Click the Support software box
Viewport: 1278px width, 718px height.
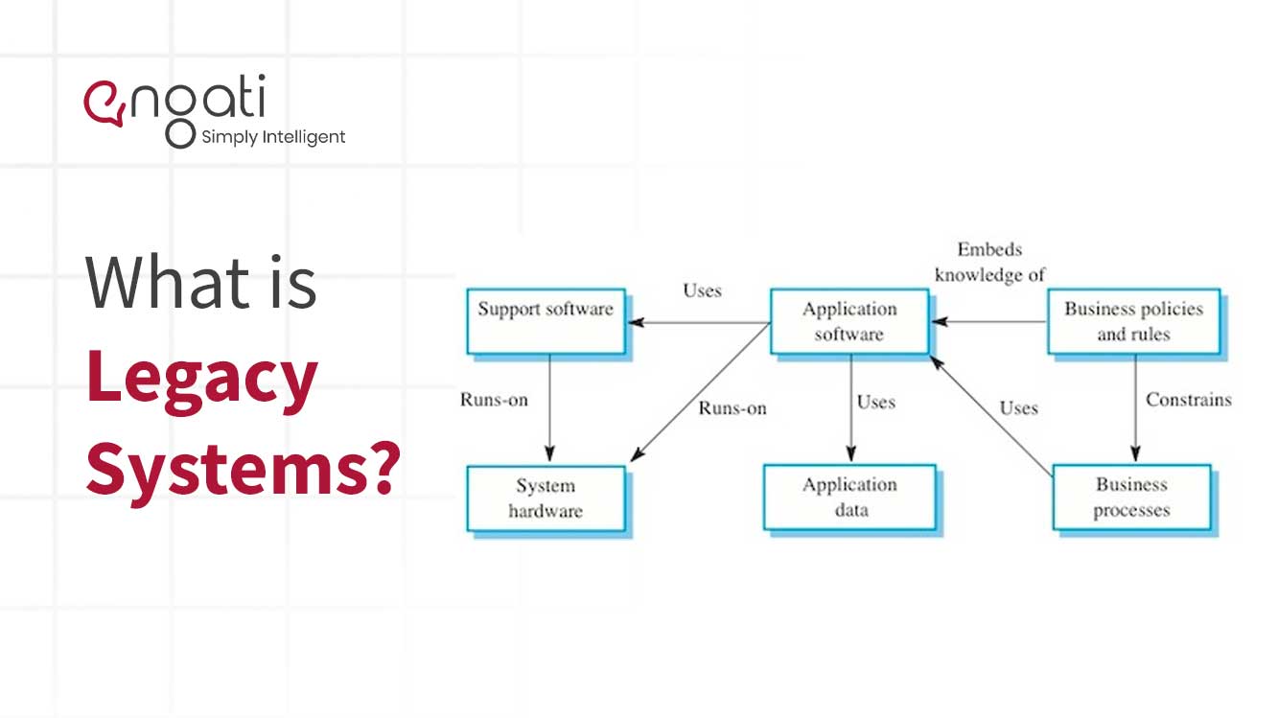pos(546,322)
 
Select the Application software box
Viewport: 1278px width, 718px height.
pos(848,322)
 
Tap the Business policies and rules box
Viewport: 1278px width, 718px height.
pos(1132,322)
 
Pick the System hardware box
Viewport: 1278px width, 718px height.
pos(546,498)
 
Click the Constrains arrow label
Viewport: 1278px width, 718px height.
pos(1189,400)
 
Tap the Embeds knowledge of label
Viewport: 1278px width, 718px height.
pos(989,262)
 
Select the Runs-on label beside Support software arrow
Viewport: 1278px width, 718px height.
pos(494,400)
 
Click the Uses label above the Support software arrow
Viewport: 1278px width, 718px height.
pos(702,290)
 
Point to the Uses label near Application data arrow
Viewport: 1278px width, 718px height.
pos(875,403)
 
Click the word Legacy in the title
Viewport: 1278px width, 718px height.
pos(201,379)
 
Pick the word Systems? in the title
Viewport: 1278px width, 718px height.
pos(242,467)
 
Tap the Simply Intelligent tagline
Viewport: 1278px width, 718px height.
pos(273,137)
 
